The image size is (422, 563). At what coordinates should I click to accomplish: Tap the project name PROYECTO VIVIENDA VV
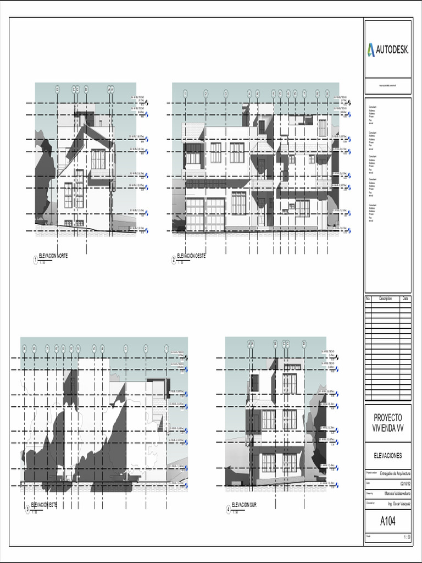387,423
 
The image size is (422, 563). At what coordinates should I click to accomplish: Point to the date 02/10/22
406,483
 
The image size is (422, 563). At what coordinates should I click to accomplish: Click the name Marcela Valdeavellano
397,493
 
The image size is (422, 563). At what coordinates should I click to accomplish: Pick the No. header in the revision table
368,299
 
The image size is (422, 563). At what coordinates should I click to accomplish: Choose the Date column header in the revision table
406,299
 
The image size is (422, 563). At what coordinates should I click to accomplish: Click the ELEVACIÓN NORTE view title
53,256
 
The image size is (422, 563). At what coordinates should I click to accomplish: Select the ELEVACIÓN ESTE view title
45,504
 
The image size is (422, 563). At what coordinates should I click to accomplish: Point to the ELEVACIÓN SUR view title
244,504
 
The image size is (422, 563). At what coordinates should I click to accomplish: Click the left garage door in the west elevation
195,214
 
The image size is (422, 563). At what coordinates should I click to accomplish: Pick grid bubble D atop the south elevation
304,344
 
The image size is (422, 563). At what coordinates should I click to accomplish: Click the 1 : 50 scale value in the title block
407,537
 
